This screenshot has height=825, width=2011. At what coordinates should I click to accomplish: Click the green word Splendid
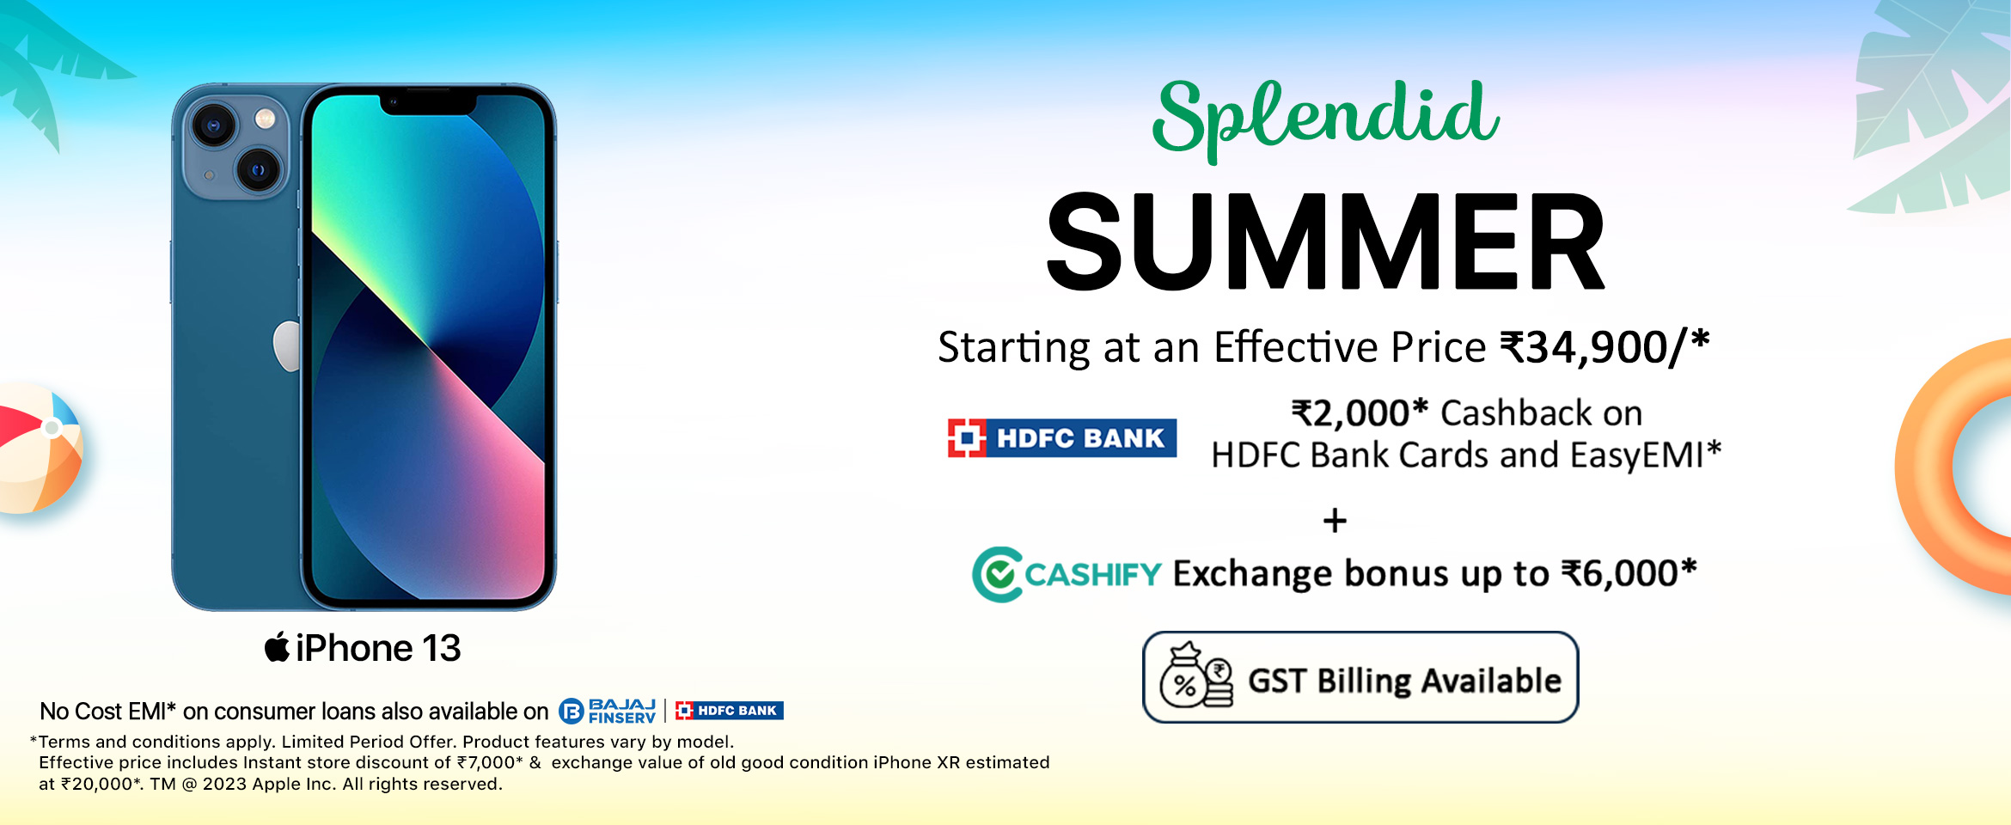click(1326, 119)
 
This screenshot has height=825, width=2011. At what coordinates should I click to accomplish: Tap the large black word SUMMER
click(1325, 241)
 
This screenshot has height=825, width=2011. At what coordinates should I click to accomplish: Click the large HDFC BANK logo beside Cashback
click(1062, 438)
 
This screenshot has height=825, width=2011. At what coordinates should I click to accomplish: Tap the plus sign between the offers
click(1335, 521)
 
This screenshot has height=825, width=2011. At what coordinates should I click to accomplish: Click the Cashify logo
click(1067, 574)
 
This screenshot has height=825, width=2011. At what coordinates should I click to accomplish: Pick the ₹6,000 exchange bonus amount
click(1620, 573)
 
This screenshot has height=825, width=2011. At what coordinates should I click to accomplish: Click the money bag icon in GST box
click(1195, 677)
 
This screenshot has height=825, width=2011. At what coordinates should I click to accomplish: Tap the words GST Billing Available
click(1404, 681)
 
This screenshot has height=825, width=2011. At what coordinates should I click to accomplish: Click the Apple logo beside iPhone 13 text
click(277, 646)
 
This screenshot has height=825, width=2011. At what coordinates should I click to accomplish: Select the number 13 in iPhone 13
click(441, 649)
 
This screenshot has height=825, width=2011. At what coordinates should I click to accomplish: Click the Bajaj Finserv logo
click(608, 711)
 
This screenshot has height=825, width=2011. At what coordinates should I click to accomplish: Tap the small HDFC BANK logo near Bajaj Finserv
click(729, 711)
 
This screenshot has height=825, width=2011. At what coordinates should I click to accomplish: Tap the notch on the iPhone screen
click(428, 102)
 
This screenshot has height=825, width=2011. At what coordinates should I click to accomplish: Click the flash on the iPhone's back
click(266, 119)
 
